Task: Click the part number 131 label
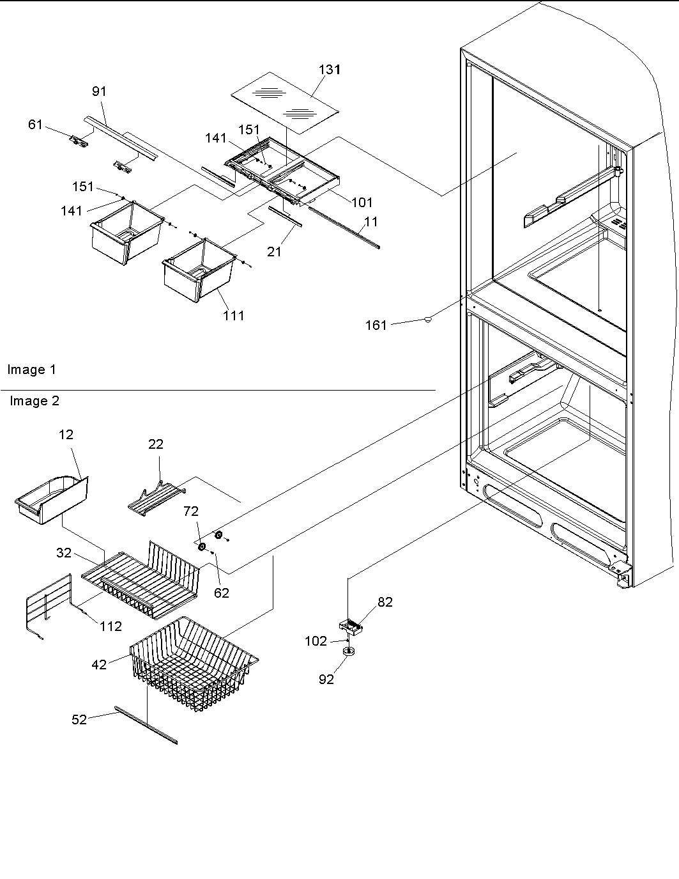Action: (x=330, y=70)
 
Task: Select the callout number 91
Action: (x=99, y=91)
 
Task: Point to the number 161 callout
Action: (x=376, y=325)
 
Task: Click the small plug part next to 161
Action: (x=427, y=319)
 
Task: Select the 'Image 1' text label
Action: (x=31, y=369)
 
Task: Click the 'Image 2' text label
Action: (x=34, y=401)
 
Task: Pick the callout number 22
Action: (x=156, y=444)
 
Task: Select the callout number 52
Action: (x=79, y=720)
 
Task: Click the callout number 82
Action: (x=385, y=602)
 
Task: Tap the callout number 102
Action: (x=316, y=641)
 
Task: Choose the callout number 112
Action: (x=111, y=626)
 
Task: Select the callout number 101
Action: (x=362, y=203)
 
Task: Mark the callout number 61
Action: (x=35, y=124)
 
